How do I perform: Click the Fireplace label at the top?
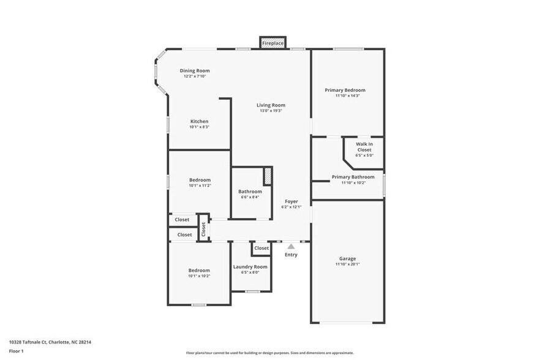(272, 43)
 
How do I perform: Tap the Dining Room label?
(195, 70)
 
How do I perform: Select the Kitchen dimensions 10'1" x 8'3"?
(199, 127)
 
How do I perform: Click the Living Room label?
(271, 105)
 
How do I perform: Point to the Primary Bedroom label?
(347, 90)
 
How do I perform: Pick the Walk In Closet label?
(364, 147)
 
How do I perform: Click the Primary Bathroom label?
(353, 177)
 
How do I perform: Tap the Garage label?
(347, 258)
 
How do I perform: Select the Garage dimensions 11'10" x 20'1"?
(347, 264)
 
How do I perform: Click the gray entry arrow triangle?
(291, 247)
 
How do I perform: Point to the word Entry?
(291, 255)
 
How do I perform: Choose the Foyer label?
(291, 201)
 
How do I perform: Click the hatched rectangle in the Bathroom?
(268, 176)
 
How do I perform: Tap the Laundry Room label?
(250, 266)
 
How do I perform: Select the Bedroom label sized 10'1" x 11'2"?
(199, 180)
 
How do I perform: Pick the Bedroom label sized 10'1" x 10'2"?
(199, 270)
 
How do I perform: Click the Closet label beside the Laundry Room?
(261, 248)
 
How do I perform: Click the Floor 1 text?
(16, 351)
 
